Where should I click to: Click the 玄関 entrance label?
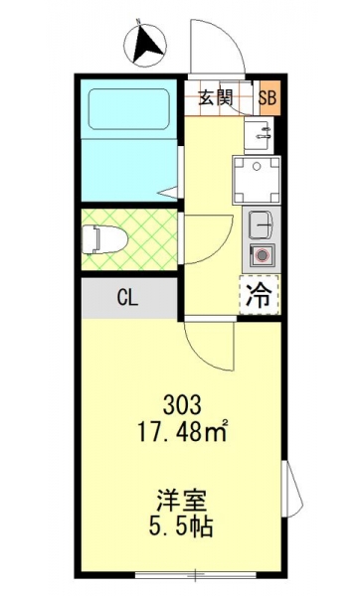pos(216,98)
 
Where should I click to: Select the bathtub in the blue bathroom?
pos(128,109)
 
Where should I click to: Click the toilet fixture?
pos(104,239)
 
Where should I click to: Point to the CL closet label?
pos(127,298)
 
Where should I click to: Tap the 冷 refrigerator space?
pos(259,295)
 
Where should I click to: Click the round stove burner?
pos(262,254)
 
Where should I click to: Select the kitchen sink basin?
pos(262,224)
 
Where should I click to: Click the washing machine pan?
pos(257,181)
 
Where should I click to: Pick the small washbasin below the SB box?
pos(259,134)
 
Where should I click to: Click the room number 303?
pos(182,405)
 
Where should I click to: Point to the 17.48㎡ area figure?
pos(182,431)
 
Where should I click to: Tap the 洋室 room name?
pos(182,501)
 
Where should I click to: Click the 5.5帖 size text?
pos(181,526)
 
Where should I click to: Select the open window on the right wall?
pos(292,489)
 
